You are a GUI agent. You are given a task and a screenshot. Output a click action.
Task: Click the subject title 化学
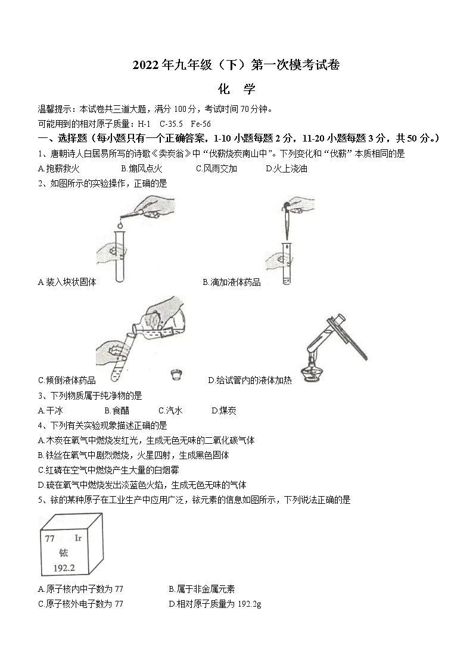(x=236, y=89)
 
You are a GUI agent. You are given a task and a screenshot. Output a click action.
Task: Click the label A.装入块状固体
(x=67, y=282)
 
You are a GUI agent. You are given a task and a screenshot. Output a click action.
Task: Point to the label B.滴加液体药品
(x=231, y=282)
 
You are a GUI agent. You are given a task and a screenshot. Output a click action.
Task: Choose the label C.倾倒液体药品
(x=67, y=380)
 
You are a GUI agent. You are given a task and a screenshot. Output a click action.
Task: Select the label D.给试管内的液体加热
(x=250, y=380)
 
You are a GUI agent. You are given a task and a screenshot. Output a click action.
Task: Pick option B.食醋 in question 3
(x=116, y=410)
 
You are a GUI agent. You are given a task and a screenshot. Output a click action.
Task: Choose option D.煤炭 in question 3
(x=224, y=410)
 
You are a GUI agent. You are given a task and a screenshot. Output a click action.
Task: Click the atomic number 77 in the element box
(x=50, y=538)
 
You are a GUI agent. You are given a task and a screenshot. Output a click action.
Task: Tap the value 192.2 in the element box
(x=64, y=567)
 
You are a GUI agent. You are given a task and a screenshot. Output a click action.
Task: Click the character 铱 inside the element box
(x=64, y=553)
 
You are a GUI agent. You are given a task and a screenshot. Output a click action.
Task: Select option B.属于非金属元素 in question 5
(x=201, y=589)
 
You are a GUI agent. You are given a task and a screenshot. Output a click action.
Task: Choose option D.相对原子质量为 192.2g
(x=215, y=604)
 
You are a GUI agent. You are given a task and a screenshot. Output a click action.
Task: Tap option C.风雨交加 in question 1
(x=216, y=168)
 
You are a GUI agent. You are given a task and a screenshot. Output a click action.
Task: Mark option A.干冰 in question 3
(x=50, y=410)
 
